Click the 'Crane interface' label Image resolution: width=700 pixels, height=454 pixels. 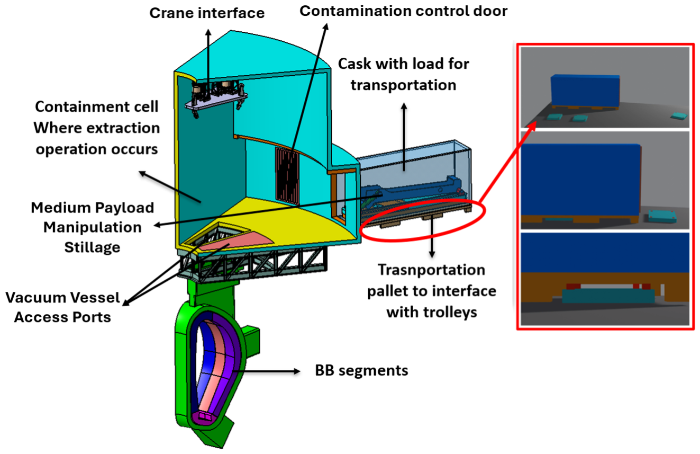207,13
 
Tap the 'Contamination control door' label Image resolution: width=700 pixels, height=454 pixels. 403,11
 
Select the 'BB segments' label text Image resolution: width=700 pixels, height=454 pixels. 361,371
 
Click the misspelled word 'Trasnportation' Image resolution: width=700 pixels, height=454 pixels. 432,270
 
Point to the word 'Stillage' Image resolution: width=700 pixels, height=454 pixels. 92,247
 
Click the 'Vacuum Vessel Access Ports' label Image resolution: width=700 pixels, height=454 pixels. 62,307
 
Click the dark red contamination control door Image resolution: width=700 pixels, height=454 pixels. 287,176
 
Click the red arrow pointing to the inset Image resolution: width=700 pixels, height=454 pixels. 508,162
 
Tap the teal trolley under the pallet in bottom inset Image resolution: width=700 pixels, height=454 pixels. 608,296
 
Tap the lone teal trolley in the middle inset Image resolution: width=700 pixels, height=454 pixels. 662,216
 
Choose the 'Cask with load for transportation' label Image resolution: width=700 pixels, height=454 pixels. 403,75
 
